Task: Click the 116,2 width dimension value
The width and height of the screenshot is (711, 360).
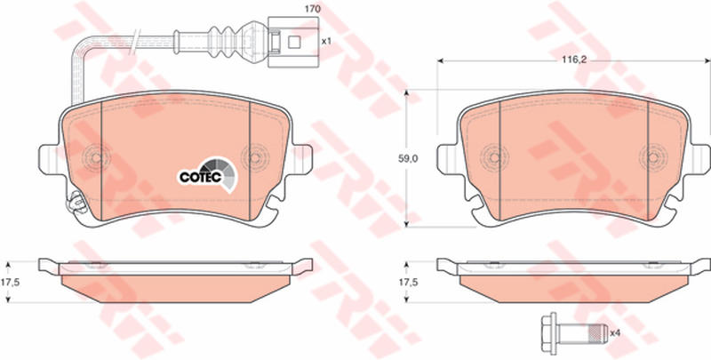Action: [573, 60]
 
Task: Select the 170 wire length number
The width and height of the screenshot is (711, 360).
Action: [313, 9]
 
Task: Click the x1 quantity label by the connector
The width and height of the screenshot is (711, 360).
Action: [326, 41]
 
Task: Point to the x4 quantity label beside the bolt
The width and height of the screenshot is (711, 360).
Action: [615, 333]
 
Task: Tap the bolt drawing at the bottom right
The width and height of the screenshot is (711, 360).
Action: [574, 333]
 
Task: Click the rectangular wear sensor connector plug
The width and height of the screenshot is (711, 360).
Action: [293, 42]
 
